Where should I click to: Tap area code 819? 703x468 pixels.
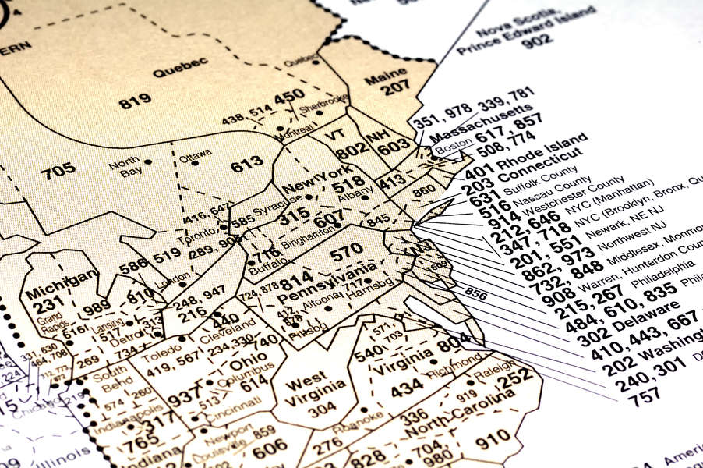tap(135, 101)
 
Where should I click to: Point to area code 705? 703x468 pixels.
tap(58, 170)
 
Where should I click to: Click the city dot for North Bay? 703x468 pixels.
tap(147, 161)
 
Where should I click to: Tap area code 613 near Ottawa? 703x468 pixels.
tap(246, 164)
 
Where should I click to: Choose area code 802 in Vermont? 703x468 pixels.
tap(352, 150)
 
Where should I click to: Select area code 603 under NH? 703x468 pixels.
tap(393, 146)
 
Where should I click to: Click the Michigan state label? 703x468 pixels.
tap(61, 282)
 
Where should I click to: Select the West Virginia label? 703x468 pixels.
tap(306, 389)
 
